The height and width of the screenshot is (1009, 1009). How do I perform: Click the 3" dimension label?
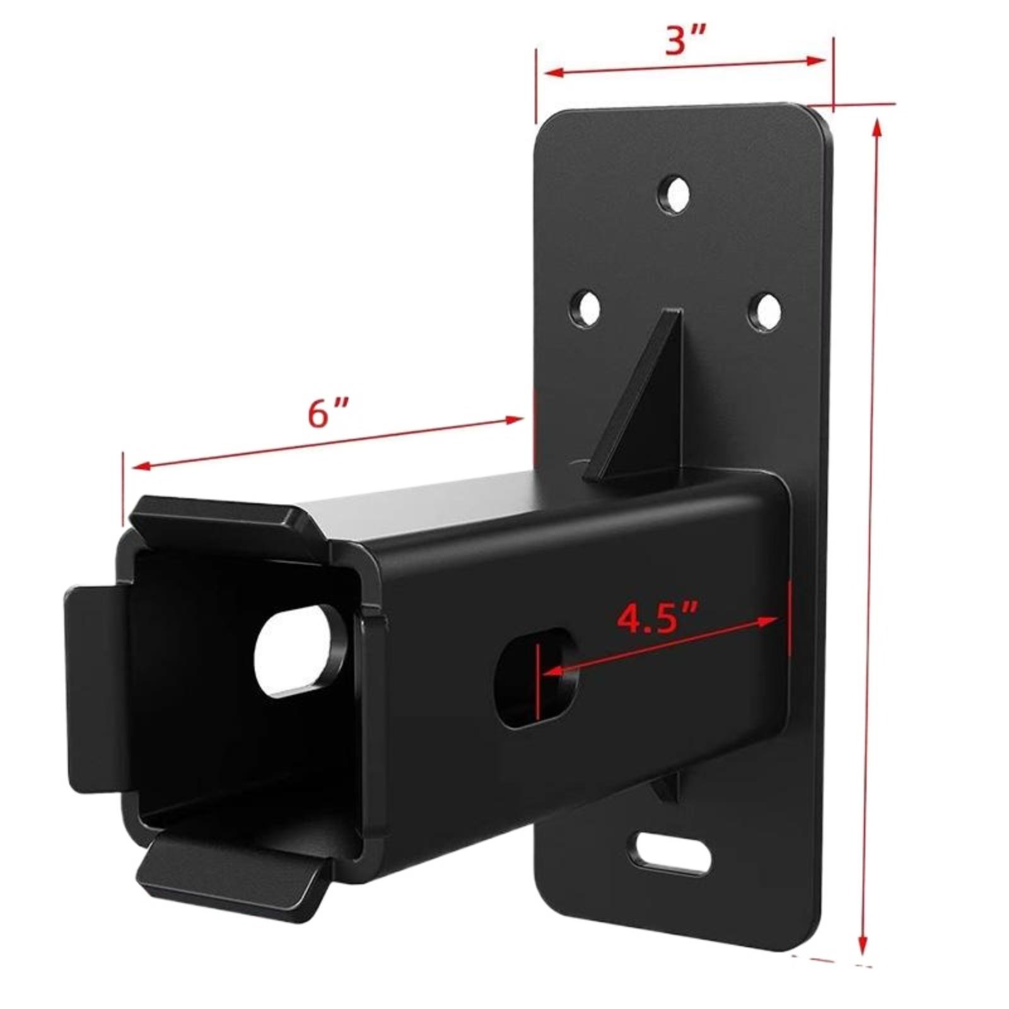coord(684,42)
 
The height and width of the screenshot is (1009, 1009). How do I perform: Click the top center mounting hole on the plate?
coord(674,195)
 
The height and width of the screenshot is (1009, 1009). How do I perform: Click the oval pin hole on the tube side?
coord(537,678)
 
